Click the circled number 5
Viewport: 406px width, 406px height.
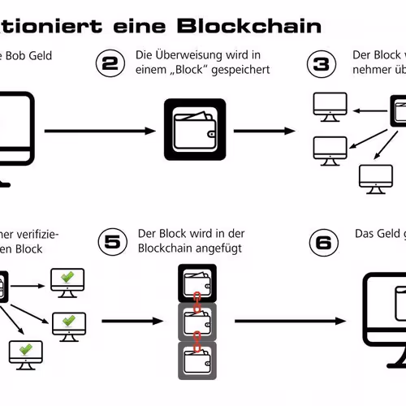pyautogui.click(x=112, y=241)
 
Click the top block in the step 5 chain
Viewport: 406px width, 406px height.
pyautogui.click(x=195, y=283)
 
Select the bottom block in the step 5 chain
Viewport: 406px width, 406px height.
pyautogui.click(x=195, y=360)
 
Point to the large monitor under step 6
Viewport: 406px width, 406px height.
pyautogui.click(x=385, y=309)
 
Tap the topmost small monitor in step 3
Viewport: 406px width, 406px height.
pyautogui.click(x=330, y=105)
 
